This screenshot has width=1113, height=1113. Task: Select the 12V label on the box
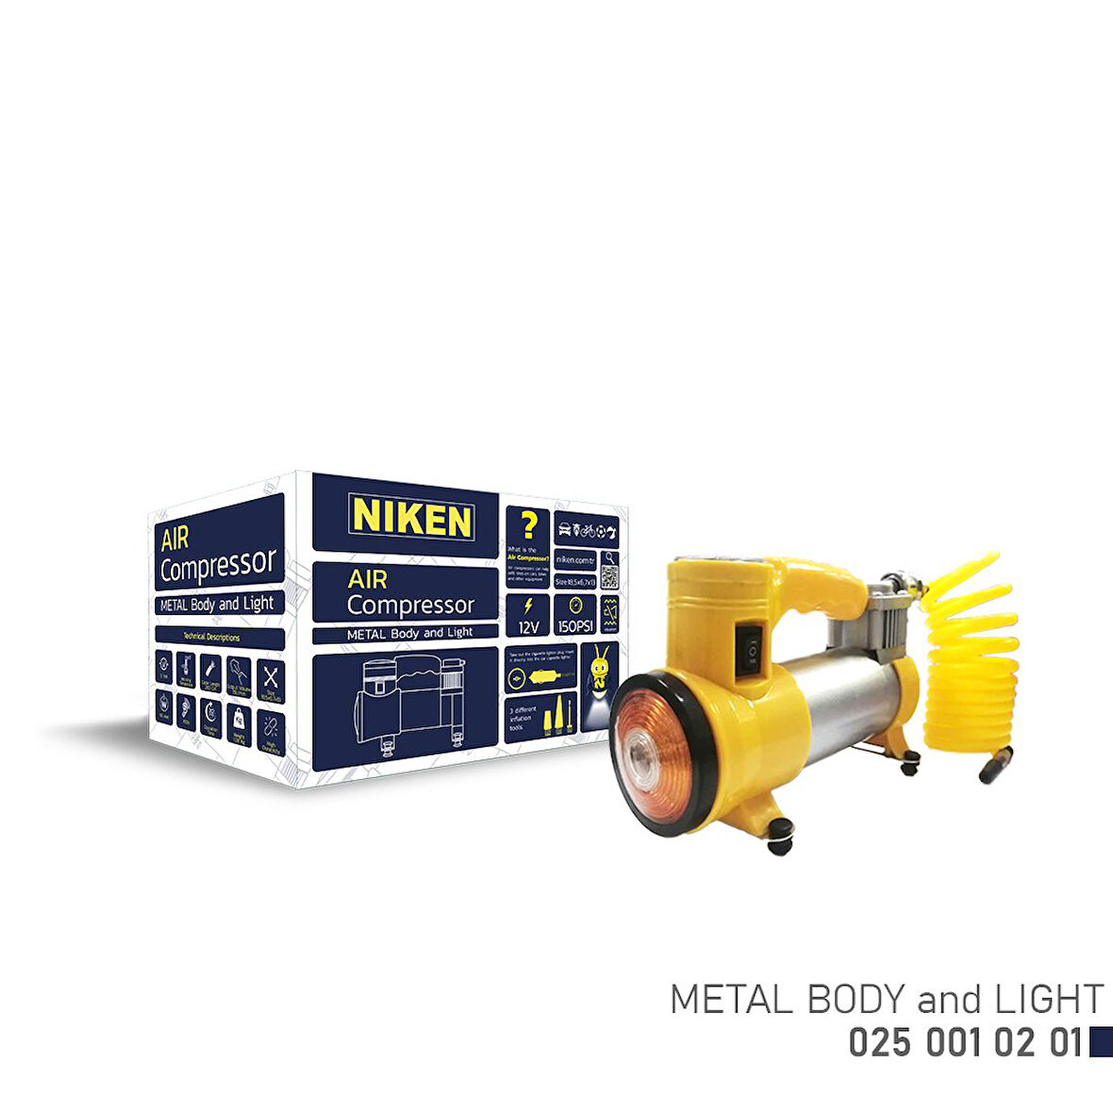pyautogui.click(x=528, y=615)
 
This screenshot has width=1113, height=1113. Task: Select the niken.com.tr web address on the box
pyautogui.click(x=575, y=558)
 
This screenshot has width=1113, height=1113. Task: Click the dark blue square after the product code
pyautogui.click(x=1100, y=1042)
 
